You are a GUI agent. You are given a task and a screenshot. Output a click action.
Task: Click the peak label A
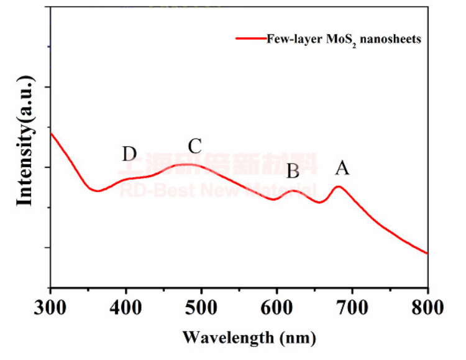342,168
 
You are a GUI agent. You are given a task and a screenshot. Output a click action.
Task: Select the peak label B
293,170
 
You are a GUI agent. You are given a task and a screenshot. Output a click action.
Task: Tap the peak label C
194,147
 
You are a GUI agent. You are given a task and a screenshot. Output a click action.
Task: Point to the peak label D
129,154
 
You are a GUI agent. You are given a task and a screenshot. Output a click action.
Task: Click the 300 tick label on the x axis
50,308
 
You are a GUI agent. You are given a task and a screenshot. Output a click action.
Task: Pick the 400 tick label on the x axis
126,308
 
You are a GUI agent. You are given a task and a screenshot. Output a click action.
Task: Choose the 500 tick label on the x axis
201,308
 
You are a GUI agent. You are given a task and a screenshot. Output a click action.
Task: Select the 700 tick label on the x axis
352,308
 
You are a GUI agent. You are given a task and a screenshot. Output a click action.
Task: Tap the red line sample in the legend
250,39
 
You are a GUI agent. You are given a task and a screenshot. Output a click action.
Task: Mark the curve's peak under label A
339,186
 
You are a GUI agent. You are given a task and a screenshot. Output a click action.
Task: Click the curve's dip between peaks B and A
319,202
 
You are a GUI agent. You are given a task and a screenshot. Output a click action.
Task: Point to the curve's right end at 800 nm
427,253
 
